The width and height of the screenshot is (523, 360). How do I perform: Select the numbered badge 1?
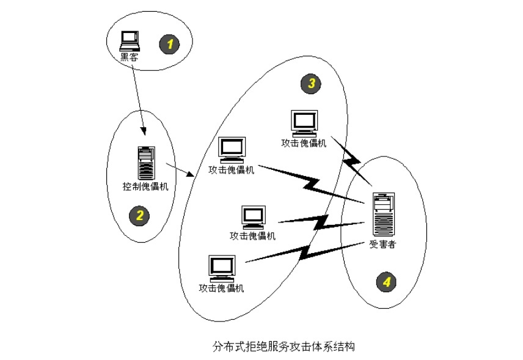(169, 43)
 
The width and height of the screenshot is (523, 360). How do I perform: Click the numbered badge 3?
(311, 84)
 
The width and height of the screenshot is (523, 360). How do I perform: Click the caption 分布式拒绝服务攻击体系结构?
(283, 347)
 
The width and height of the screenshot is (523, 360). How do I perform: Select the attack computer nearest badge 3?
(304, 123)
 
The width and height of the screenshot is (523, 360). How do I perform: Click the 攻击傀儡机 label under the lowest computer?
(221, 288)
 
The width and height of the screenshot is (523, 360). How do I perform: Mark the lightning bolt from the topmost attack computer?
(351, 159)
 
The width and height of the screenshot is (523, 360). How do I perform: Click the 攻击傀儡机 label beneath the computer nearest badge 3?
(304, 143)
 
